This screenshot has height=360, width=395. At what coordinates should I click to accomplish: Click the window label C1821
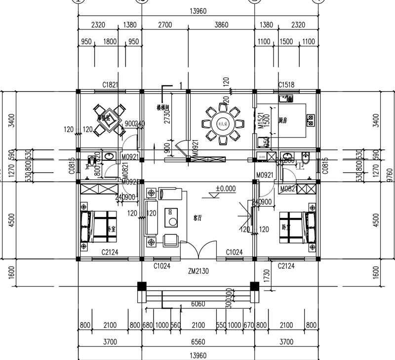point(110,85)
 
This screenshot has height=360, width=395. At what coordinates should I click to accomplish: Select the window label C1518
point(286,85)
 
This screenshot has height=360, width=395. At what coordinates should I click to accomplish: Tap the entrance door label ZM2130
point(198,271)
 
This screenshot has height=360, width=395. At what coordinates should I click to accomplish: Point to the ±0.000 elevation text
point(226,188)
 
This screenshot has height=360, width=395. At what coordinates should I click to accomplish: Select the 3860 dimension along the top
point(220,24)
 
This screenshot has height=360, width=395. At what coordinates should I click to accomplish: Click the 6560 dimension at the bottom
point(197,342)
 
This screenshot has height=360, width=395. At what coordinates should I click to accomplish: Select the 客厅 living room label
point(198,217)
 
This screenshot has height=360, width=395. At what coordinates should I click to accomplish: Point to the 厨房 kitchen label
point(283,120)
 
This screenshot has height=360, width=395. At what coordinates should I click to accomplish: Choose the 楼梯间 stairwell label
point(163,107)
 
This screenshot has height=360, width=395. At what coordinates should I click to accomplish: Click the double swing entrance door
point(198,250)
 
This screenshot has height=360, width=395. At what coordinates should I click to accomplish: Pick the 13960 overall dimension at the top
point(197,11)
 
